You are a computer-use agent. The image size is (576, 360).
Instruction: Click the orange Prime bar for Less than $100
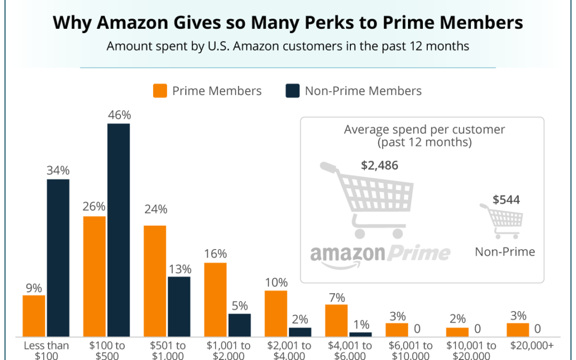(34, 316)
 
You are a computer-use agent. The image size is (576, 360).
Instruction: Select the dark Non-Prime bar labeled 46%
(118, 230)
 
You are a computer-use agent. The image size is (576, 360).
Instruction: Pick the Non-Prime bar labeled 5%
(239, 325)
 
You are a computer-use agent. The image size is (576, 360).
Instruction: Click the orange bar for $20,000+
(518, 330)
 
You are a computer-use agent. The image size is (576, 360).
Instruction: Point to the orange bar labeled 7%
(337, 321)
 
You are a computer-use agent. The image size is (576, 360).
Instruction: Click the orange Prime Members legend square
(160, 91)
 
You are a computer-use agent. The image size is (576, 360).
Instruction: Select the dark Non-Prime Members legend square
(293, 91)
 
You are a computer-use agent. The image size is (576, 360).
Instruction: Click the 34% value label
(58, 171)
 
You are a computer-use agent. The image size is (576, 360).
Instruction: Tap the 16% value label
(215, 254)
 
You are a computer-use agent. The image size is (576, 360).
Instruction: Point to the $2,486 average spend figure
(379, 165)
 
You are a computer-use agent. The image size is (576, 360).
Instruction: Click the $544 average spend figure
(506, 200)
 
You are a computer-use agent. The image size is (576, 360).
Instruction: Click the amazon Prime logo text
(380, 252)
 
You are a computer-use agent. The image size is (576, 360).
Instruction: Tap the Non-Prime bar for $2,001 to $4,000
(300, 332)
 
